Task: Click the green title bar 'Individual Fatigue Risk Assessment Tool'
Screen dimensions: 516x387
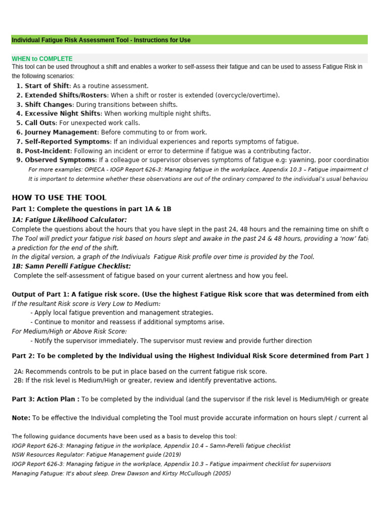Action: tap(101, 40)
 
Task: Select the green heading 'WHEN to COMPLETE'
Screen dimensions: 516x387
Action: tap(42, 59)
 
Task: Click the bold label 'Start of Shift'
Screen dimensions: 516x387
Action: tap(46, 86)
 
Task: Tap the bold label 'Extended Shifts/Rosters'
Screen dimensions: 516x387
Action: tap(66, 95)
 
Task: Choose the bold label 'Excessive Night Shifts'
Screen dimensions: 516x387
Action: tap(62, 114)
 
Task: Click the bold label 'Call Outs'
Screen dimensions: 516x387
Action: tap(40, 123)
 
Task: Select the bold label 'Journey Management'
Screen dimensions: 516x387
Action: tap(60, 132)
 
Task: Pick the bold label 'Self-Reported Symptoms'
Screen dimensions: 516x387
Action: tap(67, 142)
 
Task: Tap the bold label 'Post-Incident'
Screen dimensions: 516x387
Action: tap(47, 151)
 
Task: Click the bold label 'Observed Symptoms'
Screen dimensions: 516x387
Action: tap(60, 160)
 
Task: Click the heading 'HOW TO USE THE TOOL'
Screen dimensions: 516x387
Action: tap(59, 198)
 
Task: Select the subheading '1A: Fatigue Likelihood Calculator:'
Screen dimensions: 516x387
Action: tap(69, 220)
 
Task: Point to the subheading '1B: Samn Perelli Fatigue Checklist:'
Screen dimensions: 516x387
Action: tap(71, 266)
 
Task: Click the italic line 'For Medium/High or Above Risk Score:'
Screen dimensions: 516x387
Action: tap(69, 331)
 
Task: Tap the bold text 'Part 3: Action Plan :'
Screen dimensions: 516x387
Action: tap(45, 399)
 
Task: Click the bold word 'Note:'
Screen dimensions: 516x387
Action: tap(21, 418)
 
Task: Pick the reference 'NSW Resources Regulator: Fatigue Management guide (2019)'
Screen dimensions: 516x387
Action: tap(96, 455)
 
